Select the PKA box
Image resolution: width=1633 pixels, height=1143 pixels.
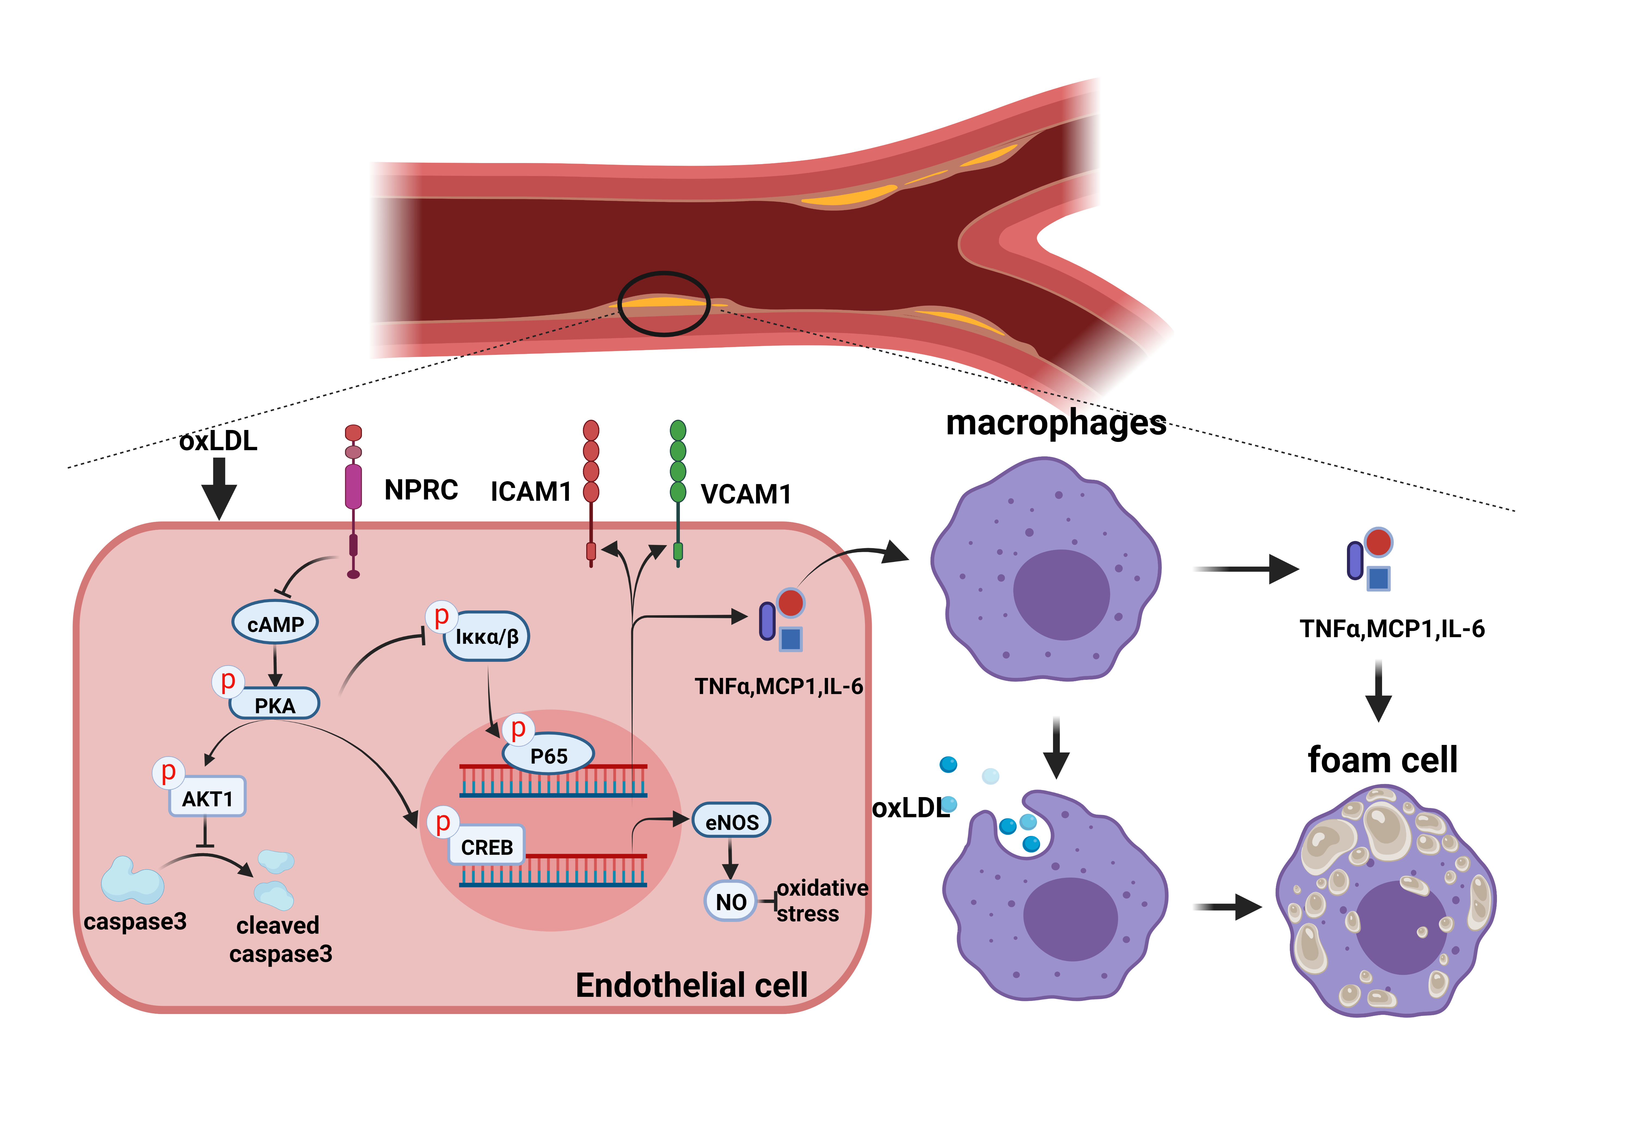pos(275,704)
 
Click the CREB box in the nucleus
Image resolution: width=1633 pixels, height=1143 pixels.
pos(486,846)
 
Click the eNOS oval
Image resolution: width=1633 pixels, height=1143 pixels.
pos(731,822)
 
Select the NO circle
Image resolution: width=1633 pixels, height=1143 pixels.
pos(730,901)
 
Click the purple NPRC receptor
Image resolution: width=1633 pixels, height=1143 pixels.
pos(353,487)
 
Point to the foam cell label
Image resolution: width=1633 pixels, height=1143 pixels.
pos(1382,760)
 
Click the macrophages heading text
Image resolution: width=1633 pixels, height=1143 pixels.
pos(1055,423)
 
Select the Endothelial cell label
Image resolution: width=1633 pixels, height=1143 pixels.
pos(691,985)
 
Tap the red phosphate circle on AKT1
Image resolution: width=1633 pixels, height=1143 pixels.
pos(168,772)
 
